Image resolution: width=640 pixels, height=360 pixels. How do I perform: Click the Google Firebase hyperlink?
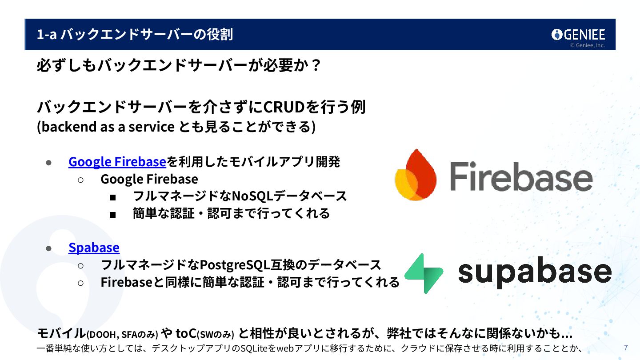(x=117, y=162)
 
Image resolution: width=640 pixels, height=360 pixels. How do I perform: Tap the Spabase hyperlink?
(x=94, y=248)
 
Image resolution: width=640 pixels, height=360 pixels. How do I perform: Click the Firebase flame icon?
(x=415, y=175)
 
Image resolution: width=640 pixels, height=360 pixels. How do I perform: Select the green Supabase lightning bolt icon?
(x=424, y=273)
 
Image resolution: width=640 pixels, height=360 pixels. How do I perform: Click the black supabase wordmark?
(x=534, y=272)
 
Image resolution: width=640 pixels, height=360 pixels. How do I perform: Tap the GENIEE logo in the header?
(x=578, y=35)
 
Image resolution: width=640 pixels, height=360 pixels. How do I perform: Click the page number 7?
(x=626, y=348)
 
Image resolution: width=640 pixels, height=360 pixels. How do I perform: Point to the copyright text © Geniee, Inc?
(x=588, y=45)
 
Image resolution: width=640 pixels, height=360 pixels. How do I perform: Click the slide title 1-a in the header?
(x=46, y=34)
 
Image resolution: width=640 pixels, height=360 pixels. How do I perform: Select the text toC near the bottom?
(x=186, y=333)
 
